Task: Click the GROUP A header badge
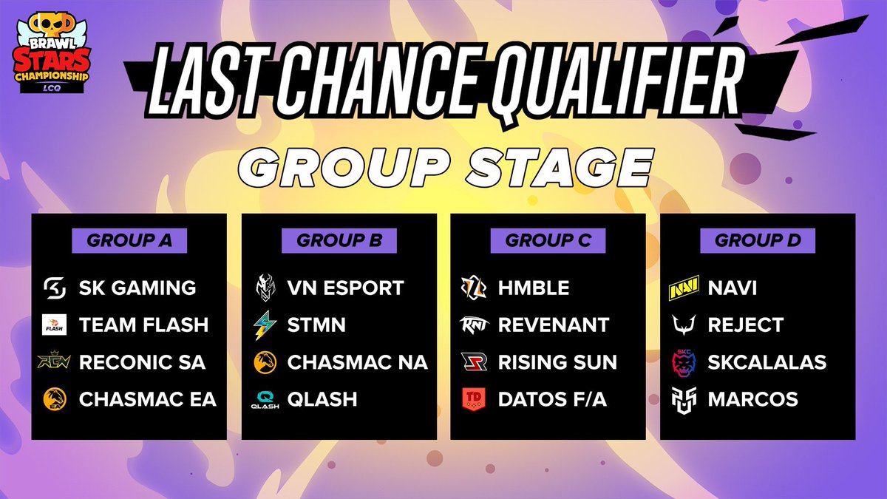129,240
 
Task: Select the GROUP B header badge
339,240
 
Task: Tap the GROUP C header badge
548,240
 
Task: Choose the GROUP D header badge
758,240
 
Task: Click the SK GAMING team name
137,288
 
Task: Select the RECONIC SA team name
142,362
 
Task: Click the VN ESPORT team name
345,288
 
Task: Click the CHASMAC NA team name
357,362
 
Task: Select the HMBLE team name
534,288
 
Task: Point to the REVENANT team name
554,325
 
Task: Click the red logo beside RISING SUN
474,362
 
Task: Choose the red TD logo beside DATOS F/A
474,399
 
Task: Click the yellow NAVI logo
684,288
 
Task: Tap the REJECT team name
745,325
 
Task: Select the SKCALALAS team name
767,362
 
